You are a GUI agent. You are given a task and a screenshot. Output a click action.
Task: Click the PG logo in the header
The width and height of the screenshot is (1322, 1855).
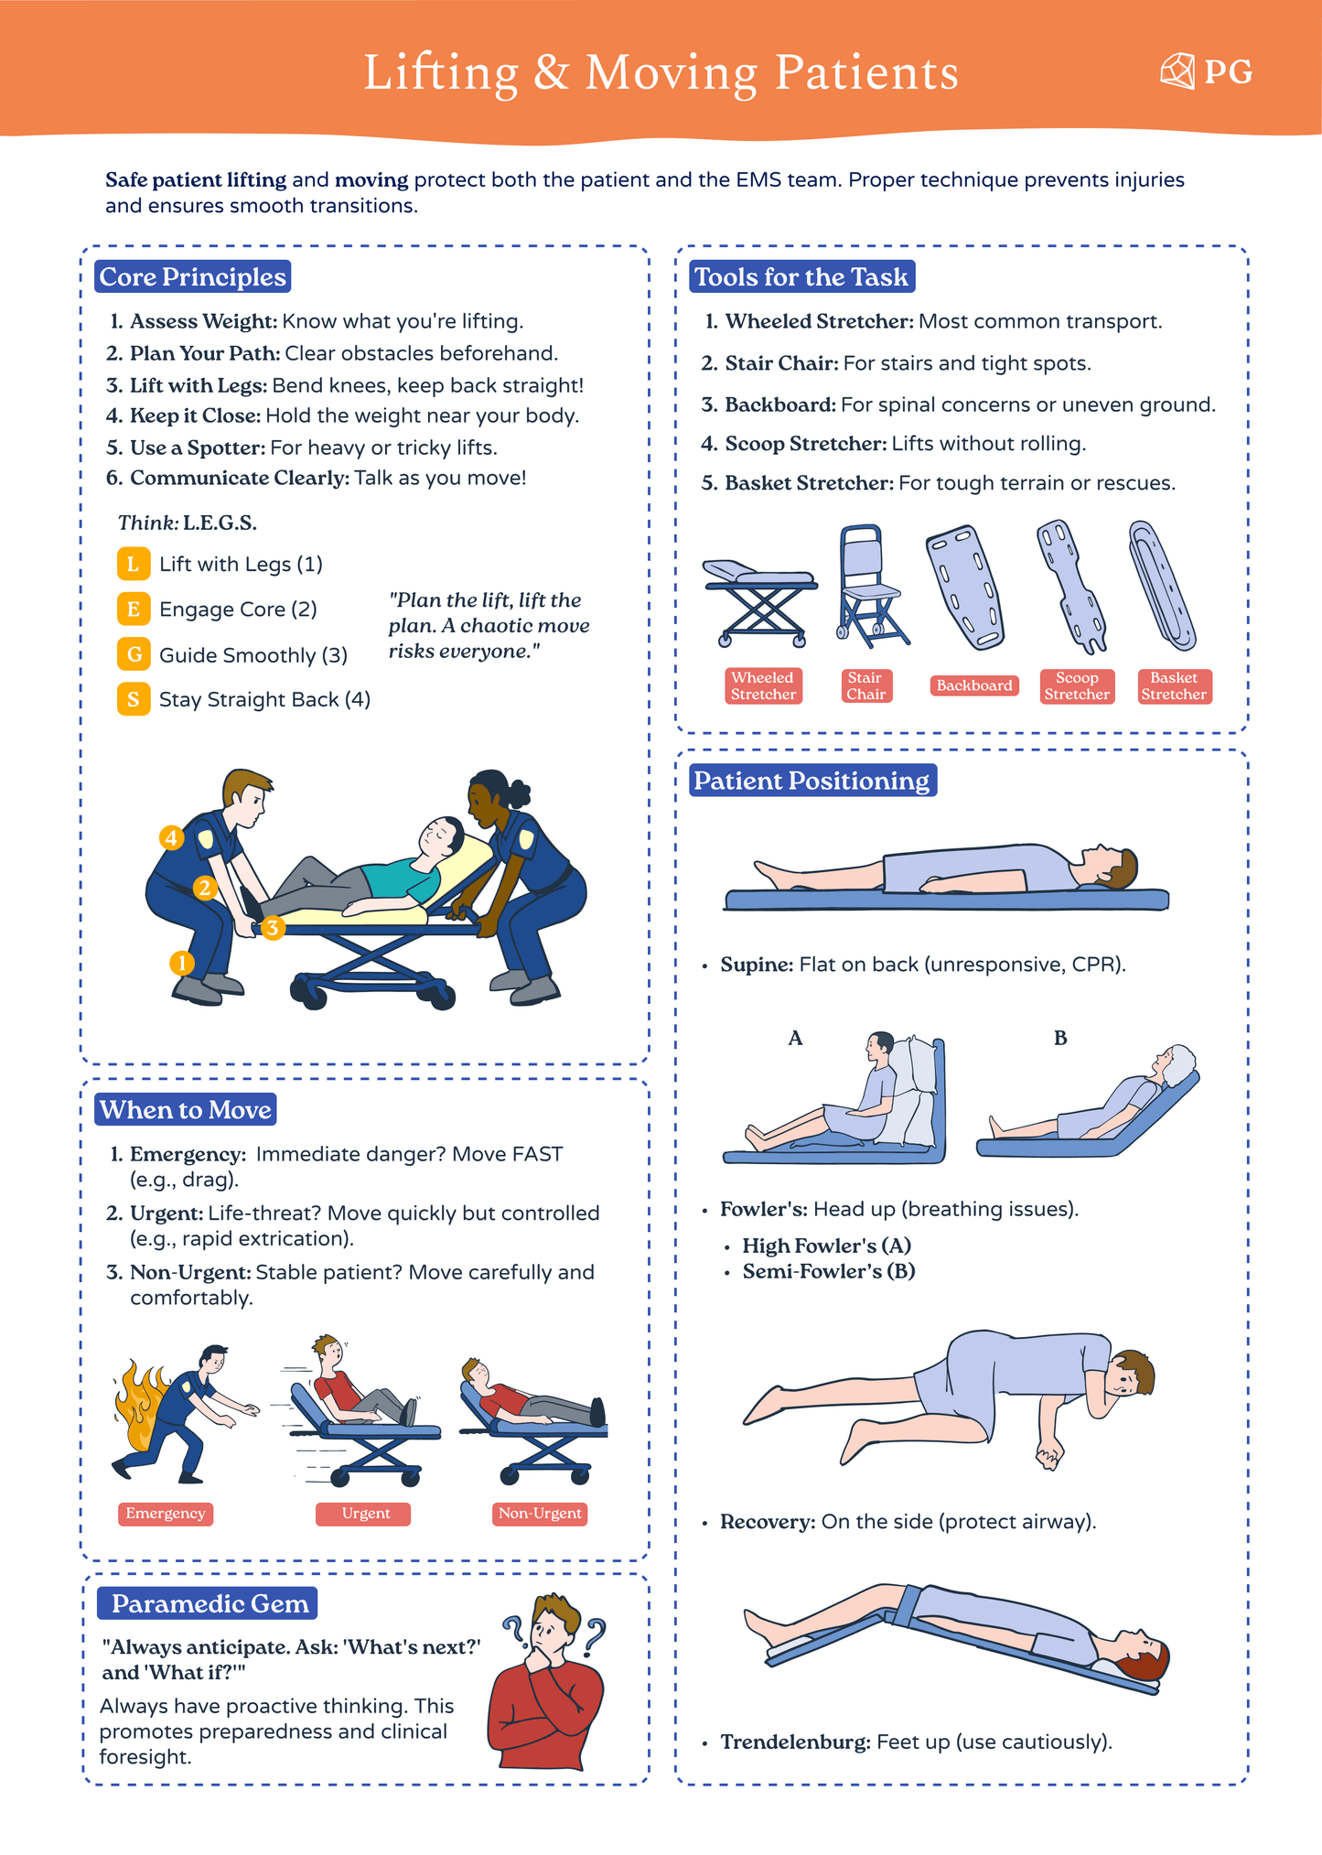[1206, 71]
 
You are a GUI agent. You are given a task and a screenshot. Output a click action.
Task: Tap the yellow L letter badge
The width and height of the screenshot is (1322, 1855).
[134, 564]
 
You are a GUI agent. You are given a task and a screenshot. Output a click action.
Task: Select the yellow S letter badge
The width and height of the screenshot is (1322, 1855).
[134, 699]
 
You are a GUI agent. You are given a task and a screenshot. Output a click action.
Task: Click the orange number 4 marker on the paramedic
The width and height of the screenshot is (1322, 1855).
[171, 837]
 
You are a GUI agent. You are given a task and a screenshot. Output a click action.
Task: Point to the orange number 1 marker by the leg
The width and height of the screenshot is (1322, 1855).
[182, 963]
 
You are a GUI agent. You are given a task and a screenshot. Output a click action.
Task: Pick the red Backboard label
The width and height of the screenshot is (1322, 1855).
[974, 685]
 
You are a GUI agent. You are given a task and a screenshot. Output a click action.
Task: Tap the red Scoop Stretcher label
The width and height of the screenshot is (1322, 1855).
[1077, 686]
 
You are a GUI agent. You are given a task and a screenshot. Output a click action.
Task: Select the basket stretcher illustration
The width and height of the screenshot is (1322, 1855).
[1162, 586]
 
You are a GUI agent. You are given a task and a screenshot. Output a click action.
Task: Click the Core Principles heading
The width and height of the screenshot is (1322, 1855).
[192, 276]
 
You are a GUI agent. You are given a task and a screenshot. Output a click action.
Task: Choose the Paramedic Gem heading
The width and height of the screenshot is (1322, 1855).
[209, 1603]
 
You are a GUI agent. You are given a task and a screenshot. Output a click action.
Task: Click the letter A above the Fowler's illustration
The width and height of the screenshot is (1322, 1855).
[795, 1038]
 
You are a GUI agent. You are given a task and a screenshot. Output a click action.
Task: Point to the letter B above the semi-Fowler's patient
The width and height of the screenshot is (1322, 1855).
[1060, 1038]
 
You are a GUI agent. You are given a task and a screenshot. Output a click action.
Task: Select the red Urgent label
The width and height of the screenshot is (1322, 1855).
[364, 1514]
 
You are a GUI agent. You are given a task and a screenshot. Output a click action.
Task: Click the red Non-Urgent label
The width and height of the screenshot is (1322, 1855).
[540, 1514]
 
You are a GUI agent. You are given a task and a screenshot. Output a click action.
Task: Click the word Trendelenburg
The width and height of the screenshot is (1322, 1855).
[795, 1742]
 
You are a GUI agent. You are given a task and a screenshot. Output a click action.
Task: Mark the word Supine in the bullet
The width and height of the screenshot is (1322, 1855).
[756, 965]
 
